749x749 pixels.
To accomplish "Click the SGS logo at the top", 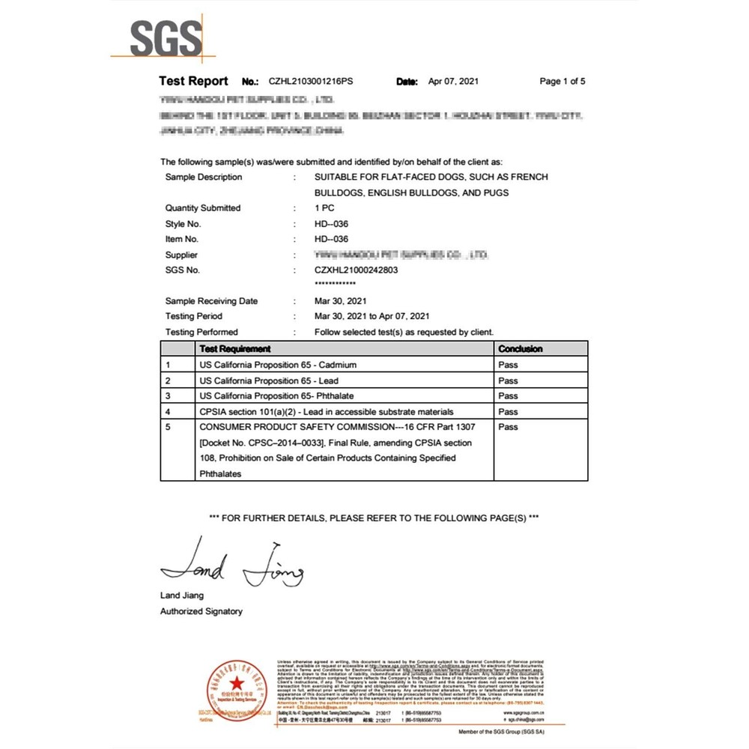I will pos(166,37).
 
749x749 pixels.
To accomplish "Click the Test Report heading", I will pos(193,81).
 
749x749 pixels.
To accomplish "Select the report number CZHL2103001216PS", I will pos(312,82).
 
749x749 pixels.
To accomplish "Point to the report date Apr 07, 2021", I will pos(452,82).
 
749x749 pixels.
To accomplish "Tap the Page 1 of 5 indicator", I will pos(562,82).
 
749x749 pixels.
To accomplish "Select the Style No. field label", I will pos(183,224).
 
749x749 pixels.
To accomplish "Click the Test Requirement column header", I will pos(235,349).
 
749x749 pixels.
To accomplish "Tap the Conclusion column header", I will pos(520,349).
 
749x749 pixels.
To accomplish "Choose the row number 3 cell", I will pos(169,396).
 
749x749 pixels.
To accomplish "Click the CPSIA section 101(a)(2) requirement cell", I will pos(326,412).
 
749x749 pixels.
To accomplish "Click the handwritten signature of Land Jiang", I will pos(232,565).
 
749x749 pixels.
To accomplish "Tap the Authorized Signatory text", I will pos(201,611).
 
